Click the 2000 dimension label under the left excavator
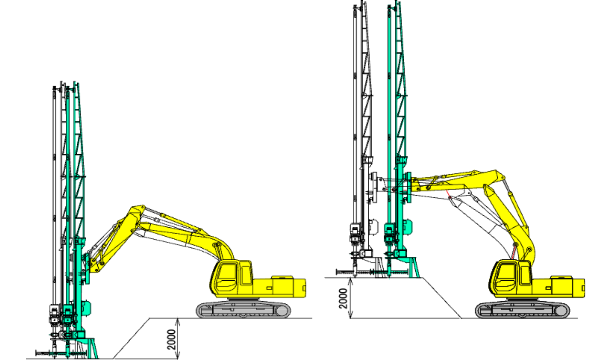point(171,339)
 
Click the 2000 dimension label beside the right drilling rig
point(343,298)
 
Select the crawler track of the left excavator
point(243,310)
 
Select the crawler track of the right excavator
point(523,310)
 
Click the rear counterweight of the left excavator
point(289,288)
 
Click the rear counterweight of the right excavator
point(568,288)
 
